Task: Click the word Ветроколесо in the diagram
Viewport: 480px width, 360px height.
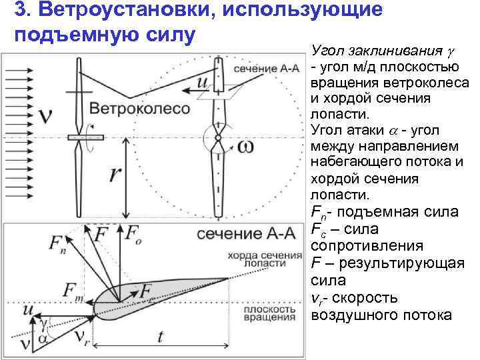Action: (x=140, y=109)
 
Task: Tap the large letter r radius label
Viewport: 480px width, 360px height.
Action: (x=115, y=173)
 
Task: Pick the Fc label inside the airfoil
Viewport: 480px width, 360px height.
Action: (x=150, y=291)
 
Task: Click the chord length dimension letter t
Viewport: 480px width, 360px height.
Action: (x=160, y=337)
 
